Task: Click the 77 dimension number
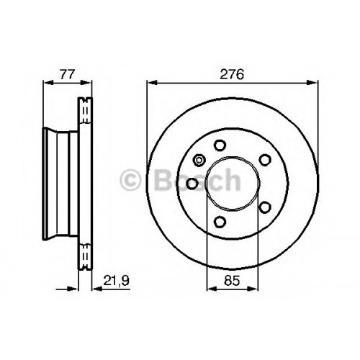coord(68,74)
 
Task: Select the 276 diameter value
coord(232,74)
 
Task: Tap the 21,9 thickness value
coord(116,280)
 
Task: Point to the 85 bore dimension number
coord(232,280)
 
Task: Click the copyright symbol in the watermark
coord(130,180)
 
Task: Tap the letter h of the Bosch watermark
coord(231,179)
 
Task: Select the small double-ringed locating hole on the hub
coord(199,160)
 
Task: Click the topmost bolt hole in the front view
coord(220,145)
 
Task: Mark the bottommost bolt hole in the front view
coord(220,222)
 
